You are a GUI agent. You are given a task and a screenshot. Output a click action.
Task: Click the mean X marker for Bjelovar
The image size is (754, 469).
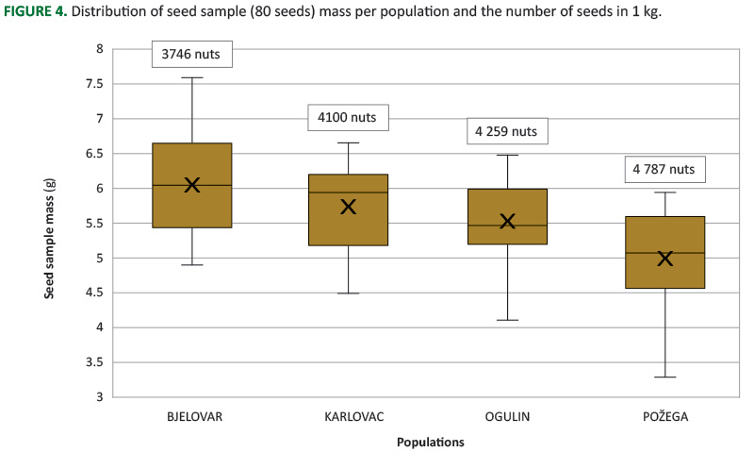point(192,185)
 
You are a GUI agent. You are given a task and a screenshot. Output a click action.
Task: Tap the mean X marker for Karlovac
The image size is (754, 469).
point(349,207)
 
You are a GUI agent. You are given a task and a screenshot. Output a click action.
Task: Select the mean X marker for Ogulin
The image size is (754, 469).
point(507,222)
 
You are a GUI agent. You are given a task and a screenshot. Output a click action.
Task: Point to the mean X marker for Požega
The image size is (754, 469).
point(664,258)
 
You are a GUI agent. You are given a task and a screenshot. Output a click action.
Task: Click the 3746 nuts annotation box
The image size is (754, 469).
point(192,55)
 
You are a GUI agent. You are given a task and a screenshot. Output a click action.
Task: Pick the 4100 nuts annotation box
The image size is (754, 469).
point(349,118)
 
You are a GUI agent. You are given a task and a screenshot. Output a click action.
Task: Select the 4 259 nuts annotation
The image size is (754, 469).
point(507,131)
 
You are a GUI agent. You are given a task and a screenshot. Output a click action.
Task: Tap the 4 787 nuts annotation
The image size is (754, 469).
point(664,170)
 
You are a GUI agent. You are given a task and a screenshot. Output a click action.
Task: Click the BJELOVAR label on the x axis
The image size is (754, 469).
point(192,416)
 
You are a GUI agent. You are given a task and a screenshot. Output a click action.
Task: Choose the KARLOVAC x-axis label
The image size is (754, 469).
point(350,416)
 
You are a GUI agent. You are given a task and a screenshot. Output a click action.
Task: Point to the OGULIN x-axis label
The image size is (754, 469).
point(507,416)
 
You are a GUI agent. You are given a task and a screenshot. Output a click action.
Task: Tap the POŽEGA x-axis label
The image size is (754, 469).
point(664,416)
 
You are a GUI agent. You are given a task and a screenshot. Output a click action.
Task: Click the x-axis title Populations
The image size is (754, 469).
point(430,442)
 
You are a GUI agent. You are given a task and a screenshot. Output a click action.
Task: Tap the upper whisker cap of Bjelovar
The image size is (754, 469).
point(192,77)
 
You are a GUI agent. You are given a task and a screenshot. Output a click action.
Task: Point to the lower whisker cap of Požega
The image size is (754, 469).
point(664,377)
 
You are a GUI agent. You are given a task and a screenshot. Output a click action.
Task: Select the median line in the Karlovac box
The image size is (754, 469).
point(349,193)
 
